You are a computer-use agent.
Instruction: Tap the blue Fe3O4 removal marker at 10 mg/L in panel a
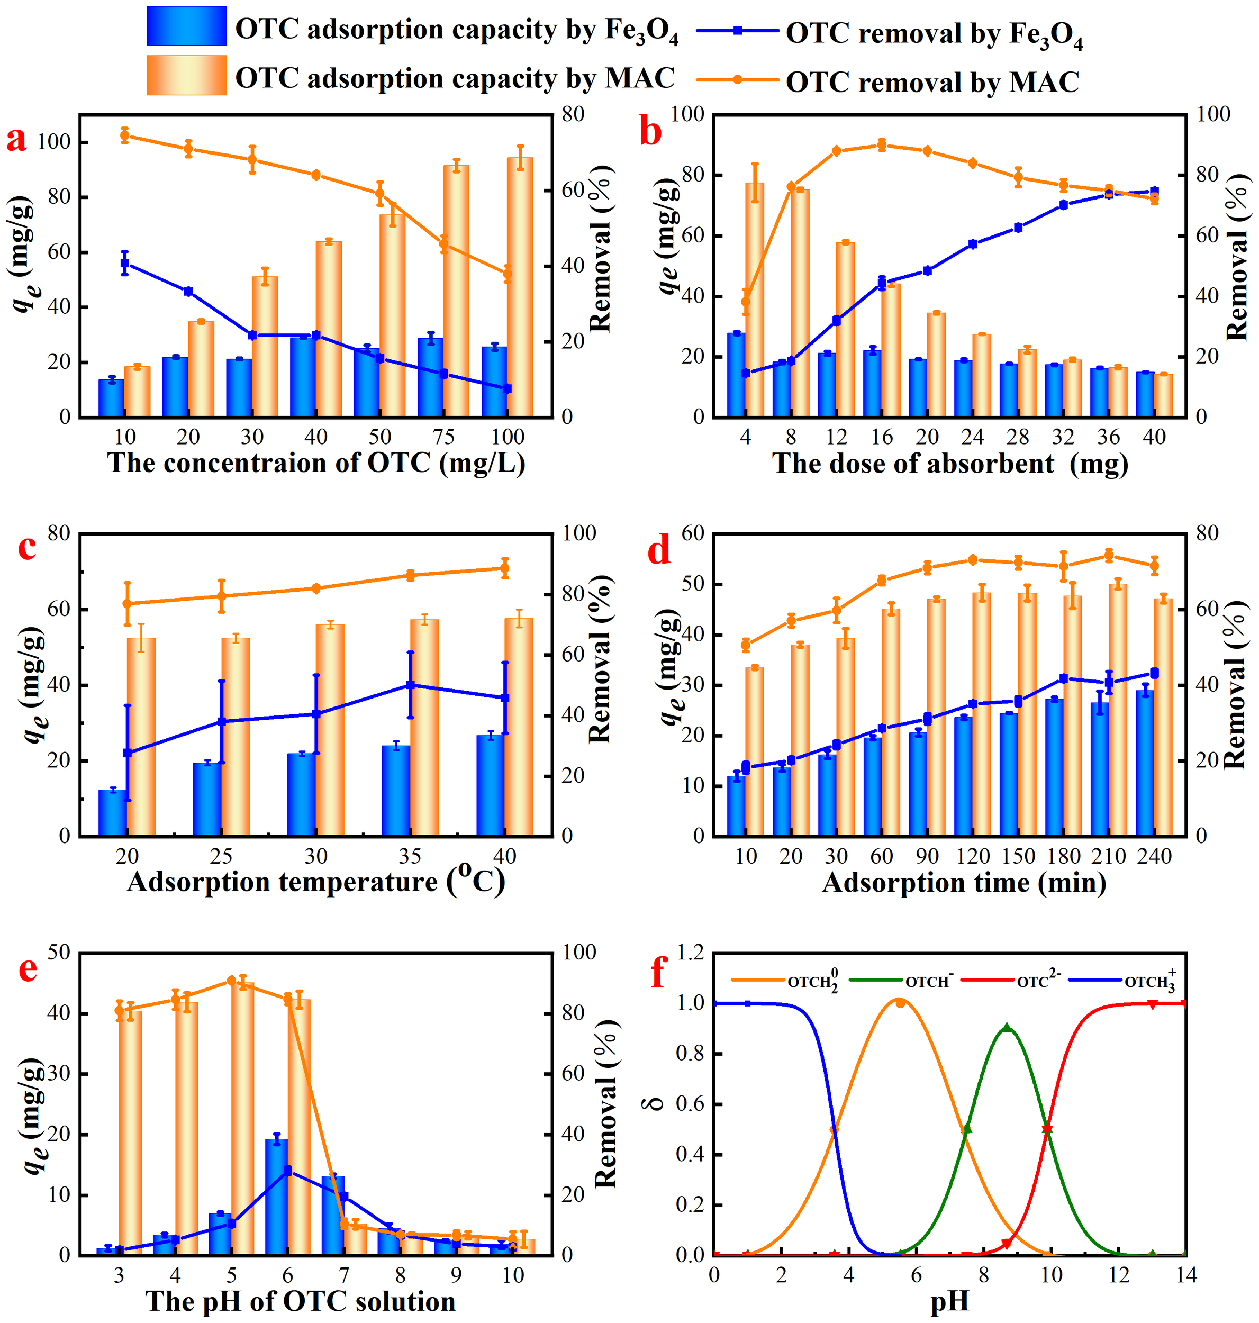coord(125,264)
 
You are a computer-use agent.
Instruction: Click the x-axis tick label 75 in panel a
coord(443,437)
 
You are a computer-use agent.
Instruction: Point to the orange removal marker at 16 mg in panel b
coord(882,145)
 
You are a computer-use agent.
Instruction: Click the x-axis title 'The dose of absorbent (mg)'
coord(949,463)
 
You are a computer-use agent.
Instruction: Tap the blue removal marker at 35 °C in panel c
coord(410,685)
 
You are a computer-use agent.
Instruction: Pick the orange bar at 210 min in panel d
coord(1117,710)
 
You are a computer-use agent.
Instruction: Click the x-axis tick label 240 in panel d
coord(1154,856)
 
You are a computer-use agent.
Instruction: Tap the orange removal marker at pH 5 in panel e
coord(232,981)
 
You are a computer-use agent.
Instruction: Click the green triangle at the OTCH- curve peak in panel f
coord(1007,1028)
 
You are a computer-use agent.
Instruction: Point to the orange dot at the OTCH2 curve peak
coord(900,1003)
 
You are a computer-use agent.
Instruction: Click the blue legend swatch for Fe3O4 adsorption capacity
coord(187,26)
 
